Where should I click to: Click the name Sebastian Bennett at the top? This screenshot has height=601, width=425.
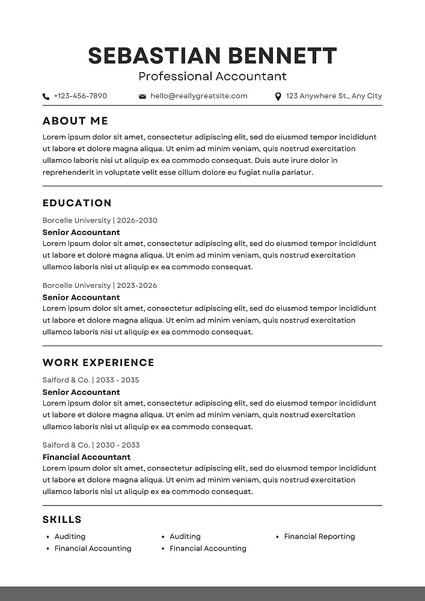point(212,55)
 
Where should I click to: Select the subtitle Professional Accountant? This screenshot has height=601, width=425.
point(212,76)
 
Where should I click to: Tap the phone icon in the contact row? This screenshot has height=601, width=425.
point(46,96)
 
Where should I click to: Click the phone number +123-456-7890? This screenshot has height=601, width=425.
point(80,96)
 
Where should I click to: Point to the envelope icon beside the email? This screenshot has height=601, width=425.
point(142,96)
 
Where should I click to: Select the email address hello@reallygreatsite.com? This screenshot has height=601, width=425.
point(198,96)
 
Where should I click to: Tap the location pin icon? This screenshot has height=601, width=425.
point(278,96)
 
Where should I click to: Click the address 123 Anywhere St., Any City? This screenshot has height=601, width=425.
point(334,96)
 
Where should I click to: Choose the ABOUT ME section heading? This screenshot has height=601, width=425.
point(75,121)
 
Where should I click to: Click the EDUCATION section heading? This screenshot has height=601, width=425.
point(77,203)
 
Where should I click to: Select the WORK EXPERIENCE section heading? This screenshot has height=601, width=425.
point(98,362)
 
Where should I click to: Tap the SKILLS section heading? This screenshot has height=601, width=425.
point(62,519)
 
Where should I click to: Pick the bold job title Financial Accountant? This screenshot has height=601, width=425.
point(87,457)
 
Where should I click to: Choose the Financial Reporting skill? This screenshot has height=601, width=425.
point(319,537)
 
